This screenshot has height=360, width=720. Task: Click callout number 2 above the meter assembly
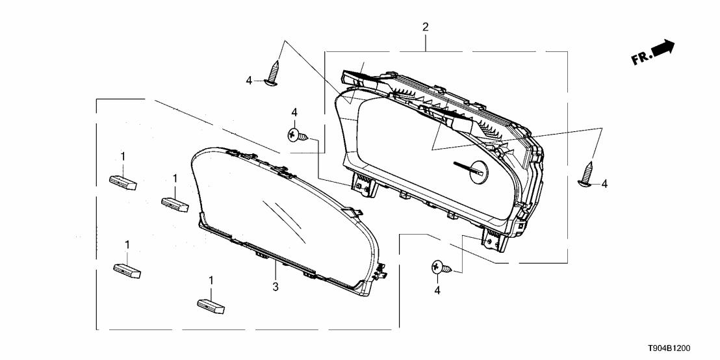click(426, 27)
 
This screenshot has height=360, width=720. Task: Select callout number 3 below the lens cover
click(275, 287)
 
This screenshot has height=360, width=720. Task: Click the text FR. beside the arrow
click(641, 58)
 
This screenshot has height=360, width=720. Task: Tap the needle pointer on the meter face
click(467, 168)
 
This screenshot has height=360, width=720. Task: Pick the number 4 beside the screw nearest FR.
click(604, 184)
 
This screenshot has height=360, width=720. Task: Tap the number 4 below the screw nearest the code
click(437, 290)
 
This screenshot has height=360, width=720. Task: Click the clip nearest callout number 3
click(211, 306)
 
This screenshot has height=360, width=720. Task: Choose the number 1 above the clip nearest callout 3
click(211, 280)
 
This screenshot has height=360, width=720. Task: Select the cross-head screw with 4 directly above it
click(298, 135)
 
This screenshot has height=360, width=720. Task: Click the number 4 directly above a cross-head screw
click(294, 112)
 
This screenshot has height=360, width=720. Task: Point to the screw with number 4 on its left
click(273, 73)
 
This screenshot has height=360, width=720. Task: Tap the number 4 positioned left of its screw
click(249, 81)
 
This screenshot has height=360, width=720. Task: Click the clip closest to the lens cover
click(175, 205)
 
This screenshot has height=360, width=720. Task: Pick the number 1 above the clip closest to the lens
click(175, 177)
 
